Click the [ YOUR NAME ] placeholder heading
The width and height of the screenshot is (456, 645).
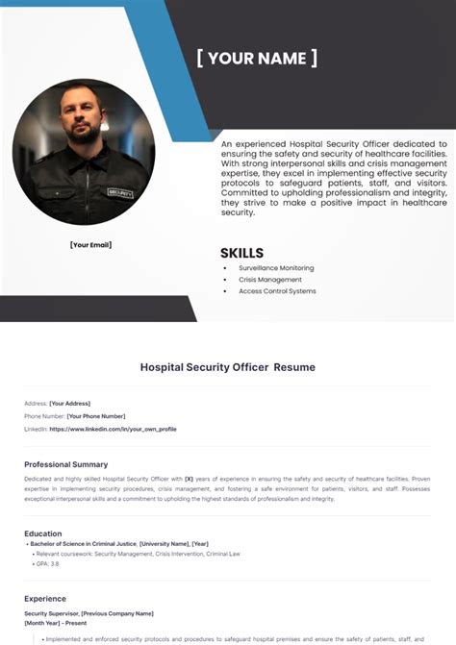coord(257,58)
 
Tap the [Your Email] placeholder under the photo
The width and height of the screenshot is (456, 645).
coord(91,245)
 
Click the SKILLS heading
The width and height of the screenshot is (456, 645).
coord(241,254)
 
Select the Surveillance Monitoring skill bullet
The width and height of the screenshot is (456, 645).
coord(276,268)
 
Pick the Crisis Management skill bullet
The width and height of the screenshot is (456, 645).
coord(270,280)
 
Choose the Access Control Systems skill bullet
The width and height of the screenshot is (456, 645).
coord(277,291)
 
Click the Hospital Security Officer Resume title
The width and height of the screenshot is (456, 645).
coord(228,367)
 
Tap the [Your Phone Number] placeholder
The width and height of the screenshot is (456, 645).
coord(96,416)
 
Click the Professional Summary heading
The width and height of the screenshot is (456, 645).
coord(66,464)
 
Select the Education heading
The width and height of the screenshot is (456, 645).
coord(43,533)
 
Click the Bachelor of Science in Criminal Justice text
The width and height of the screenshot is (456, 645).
coord(84,544)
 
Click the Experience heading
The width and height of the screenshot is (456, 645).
coord(45,599)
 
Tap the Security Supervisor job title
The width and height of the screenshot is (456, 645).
coord(50,612)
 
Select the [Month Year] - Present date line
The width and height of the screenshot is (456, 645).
coord(55,623)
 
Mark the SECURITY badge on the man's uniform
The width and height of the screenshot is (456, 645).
coord(120,193)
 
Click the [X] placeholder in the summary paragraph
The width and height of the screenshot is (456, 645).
coord(190,478)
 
